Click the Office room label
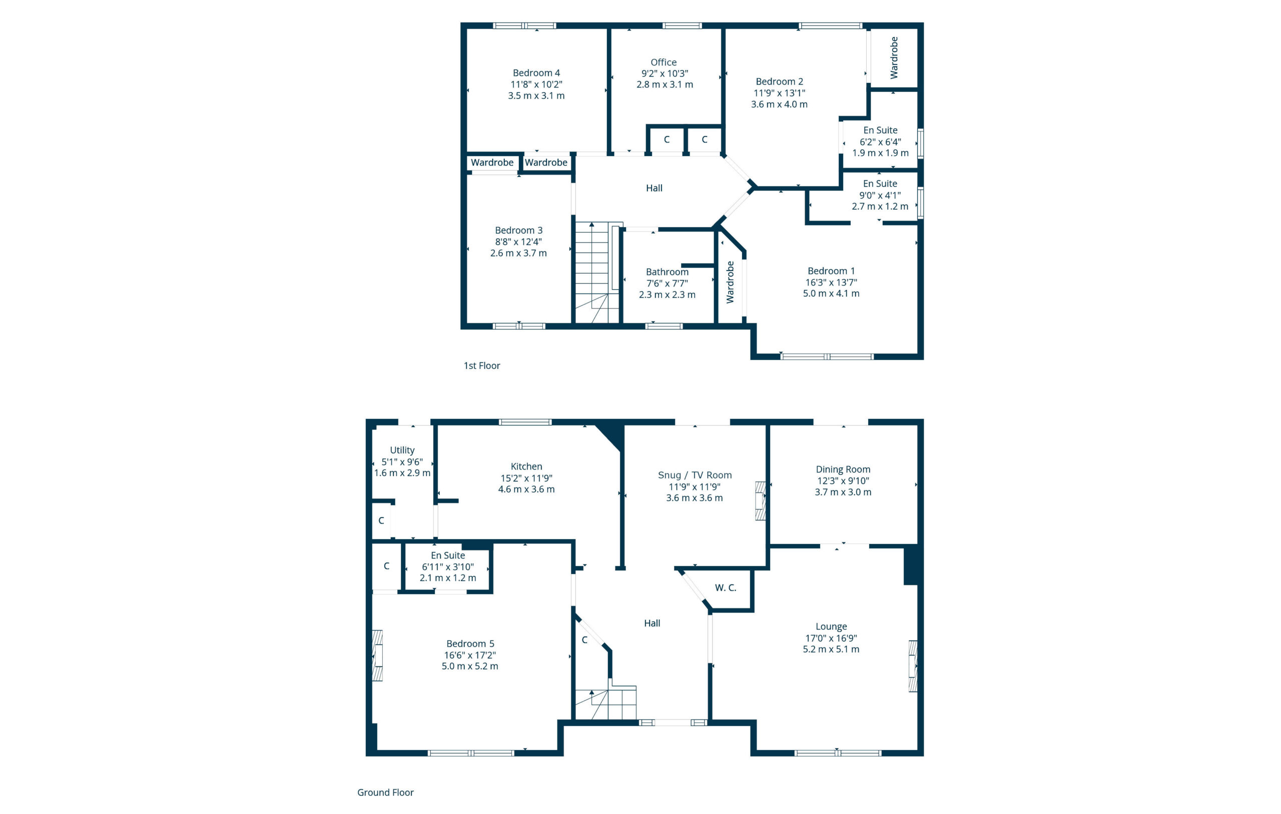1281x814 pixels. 664,62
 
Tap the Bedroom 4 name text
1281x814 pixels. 536,73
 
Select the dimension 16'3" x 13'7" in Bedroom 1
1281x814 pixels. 831,282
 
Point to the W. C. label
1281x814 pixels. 726,587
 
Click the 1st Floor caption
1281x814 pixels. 482,365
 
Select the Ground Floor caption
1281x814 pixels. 385,792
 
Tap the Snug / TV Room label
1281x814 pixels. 695,475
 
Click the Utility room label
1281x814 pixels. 402,450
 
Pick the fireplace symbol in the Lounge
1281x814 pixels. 913,665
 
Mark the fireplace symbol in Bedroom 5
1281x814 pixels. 377,655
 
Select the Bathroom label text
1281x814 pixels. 667,271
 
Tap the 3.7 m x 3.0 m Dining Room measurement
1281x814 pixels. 843,492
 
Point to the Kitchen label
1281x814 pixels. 526,466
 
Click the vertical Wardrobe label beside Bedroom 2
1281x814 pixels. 894,57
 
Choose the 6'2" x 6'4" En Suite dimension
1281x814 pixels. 880,141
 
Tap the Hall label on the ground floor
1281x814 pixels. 652,623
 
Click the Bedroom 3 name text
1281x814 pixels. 519,230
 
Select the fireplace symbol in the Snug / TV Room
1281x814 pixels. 761,501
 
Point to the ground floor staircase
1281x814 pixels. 606,703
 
